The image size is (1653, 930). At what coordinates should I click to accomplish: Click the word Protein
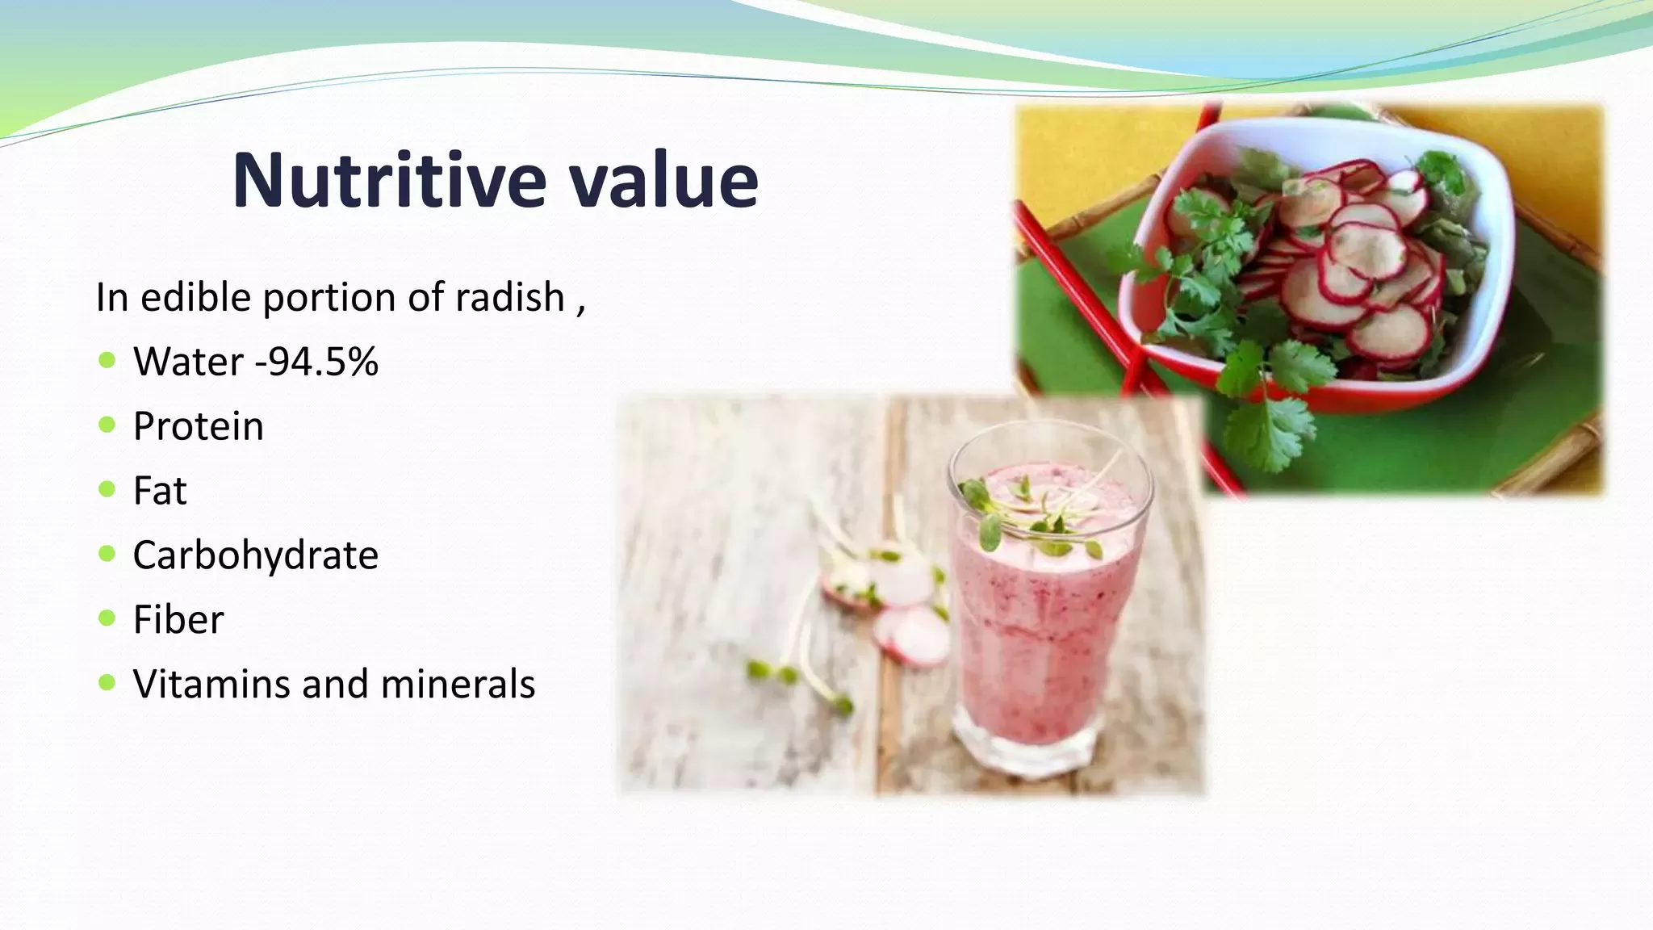pos(198,426)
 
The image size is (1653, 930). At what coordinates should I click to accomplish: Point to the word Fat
pos(160,491)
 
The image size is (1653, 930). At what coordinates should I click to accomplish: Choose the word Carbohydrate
pos(255,555)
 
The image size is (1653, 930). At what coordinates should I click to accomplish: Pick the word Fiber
pos(178,620)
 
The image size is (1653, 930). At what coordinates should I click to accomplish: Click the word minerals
pos(458,685)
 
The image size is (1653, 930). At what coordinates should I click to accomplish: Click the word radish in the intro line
pos(509,297)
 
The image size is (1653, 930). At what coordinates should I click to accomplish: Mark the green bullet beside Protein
pos(107,425)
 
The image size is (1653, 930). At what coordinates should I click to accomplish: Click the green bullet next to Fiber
pos(107,618)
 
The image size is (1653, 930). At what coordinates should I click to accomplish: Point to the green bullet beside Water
pos(107,360)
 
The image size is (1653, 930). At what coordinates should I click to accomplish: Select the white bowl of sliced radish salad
pos(1324,258)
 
